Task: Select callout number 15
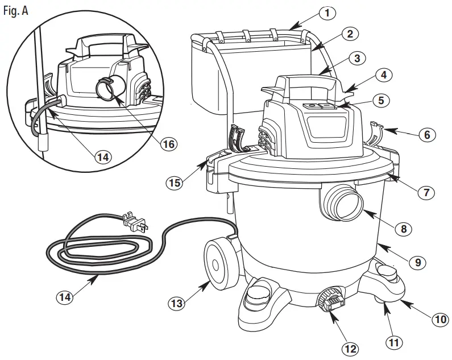tap(175, 183)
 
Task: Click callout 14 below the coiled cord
tap(65, 296)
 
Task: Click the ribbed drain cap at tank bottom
tap(331, 300)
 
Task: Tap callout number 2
tap(350, 34)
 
